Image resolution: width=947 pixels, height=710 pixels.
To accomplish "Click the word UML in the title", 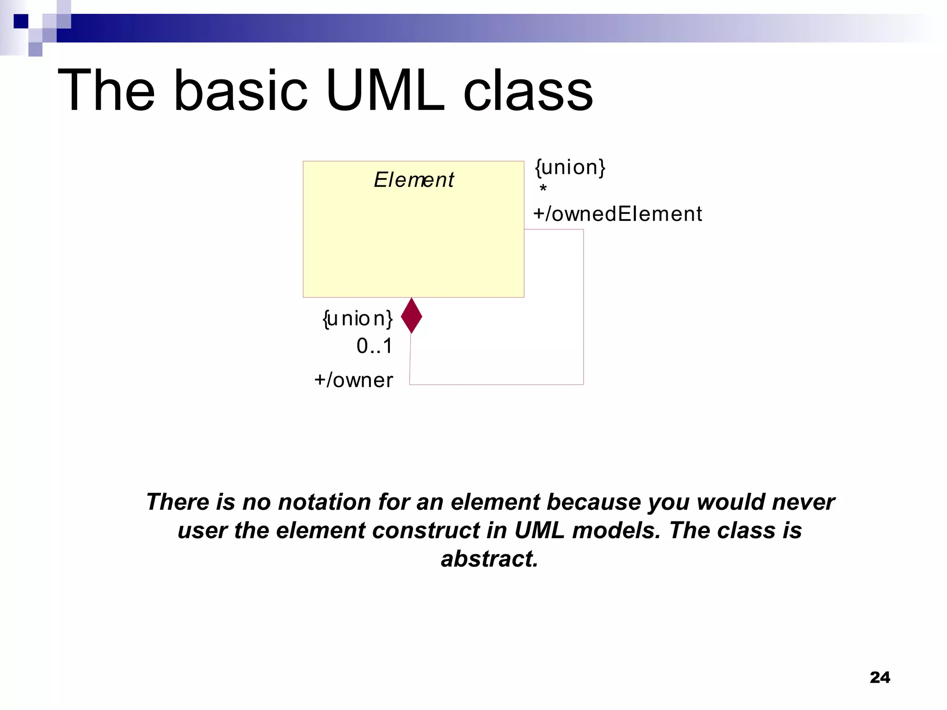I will [385, 90].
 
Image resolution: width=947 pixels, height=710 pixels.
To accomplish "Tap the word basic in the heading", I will [240, 90].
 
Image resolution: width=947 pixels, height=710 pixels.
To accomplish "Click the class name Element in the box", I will [413, 180].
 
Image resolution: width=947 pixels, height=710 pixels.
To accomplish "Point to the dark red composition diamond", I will [411, 315].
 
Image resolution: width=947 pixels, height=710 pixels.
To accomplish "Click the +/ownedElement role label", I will [617, 214].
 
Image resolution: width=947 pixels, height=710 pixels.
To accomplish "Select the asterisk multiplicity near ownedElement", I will [543, 189].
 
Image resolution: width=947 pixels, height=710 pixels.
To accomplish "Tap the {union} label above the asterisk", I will [570, 167].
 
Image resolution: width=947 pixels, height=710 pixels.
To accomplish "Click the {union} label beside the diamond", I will [357, 318].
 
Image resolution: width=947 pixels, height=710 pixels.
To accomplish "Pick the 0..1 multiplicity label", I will [374, 346].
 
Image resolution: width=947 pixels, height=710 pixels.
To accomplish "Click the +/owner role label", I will [353, 380].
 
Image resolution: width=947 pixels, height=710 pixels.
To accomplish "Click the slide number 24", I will [879, 677].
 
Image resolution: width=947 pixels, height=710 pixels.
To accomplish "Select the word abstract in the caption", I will [489, 558].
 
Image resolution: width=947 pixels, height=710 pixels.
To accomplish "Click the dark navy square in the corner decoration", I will [21, 21].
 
